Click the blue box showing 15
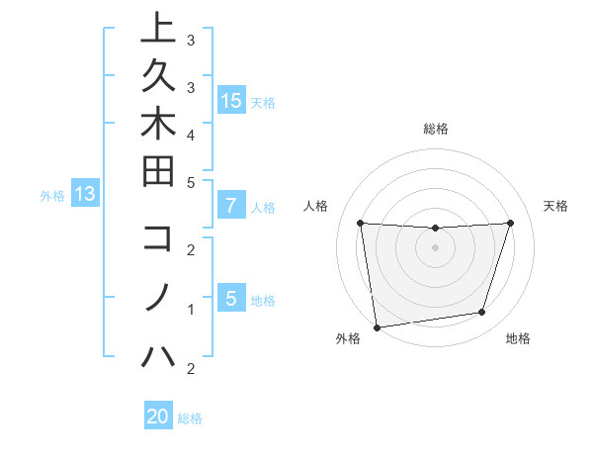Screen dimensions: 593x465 [231, 100]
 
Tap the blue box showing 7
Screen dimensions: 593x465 [231, 206]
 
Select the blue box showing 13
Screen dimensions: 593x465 [85, 194]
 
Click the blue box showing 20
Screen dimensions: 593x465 [158, 417]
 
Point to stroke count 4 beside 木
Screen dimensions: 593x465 [191, 134]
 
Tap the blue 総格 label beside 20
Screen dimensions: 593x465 [190, 418]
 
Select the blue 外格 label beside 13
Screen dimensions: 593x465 [52, 196]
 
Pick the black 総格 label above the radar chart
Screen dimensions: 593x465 [435, 129]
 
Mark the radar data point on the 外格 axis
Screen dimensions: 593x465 [377, 326]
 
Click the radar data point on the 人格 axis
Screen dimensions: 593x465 [360, 223]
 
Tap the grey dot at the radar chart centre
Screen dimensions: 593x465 [435, 247]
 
